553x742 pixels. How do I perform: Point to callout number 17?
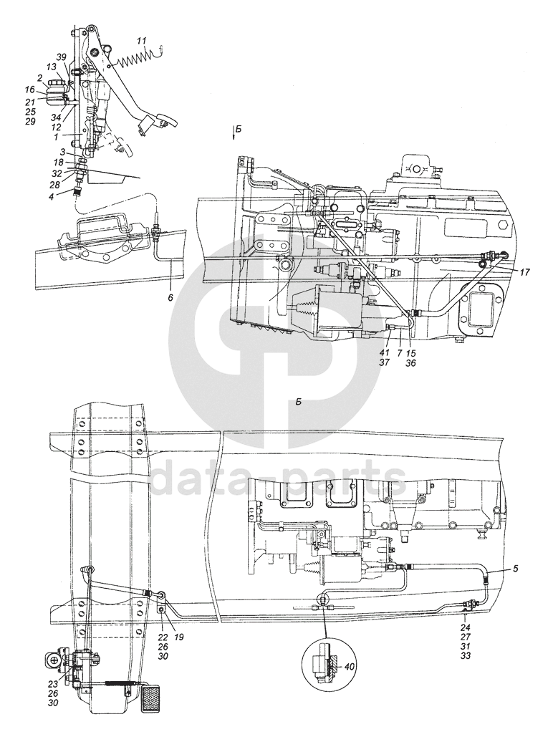pyautogui.click(x=525, y=272)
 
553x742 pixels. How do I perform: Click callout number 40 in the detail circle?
pyautogui.click(x=350, y=665)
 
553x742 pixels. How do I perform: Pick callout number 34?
pyautogui.click(x=54, y=117)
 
